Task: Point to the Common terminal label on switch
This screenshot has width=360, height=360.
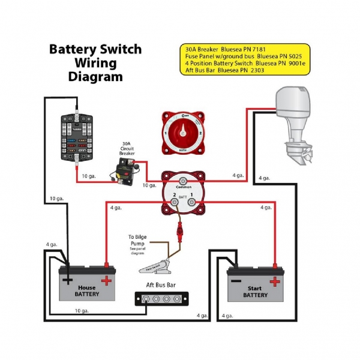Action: tap(183, 187)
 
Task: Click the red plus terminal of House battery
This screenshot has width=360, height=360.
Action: tap(106, 280)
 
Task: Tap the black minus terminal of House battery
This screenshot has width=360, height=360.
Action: tap(68, 280)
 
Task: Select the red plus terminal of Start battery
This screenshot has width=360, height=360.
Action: tap(275, 281)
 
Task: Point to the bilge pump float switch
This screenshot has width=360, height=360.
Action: tap(157, 263)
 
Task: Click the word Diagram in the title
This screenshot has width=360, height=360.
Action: tap(95, 77)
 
